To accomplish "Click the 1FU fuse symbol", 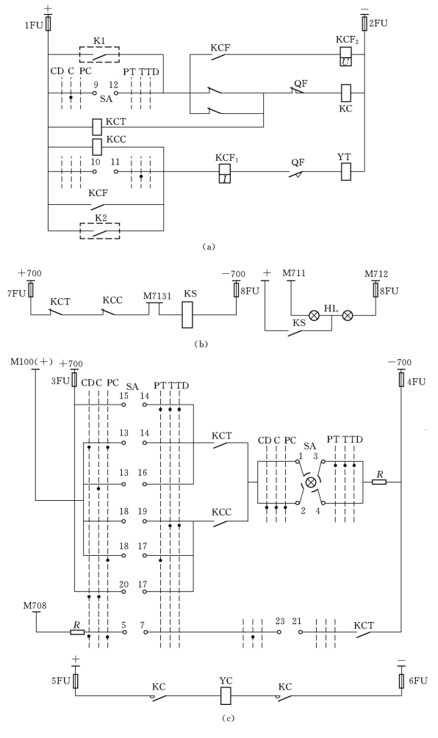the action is click(x=48, y=23).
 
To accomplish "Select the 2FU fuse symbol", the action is click(x=365, y=23).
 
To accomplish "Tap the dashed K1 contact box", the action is click(x=99, y=54).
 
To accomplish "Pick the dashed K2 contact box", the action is click(x=99, y=231).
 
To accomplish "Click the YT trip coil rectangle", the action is click(x=346, y=171).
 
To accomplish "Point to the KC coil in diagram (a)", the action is click(x=346, y=93).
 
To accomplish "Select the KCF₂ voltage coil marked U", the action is click(x=346, y=55).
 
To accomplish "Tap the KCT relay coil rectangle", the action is click(x=96, y=126).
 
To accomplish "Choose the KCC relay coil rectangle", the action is click(x=96, y=147).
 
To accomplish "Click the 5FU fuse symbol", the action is click(x=75, y=681).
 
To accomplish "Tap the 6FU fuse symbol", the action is click(x=401, y=680).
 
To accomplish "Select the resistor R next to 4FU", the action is click(x=379, y=482).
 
